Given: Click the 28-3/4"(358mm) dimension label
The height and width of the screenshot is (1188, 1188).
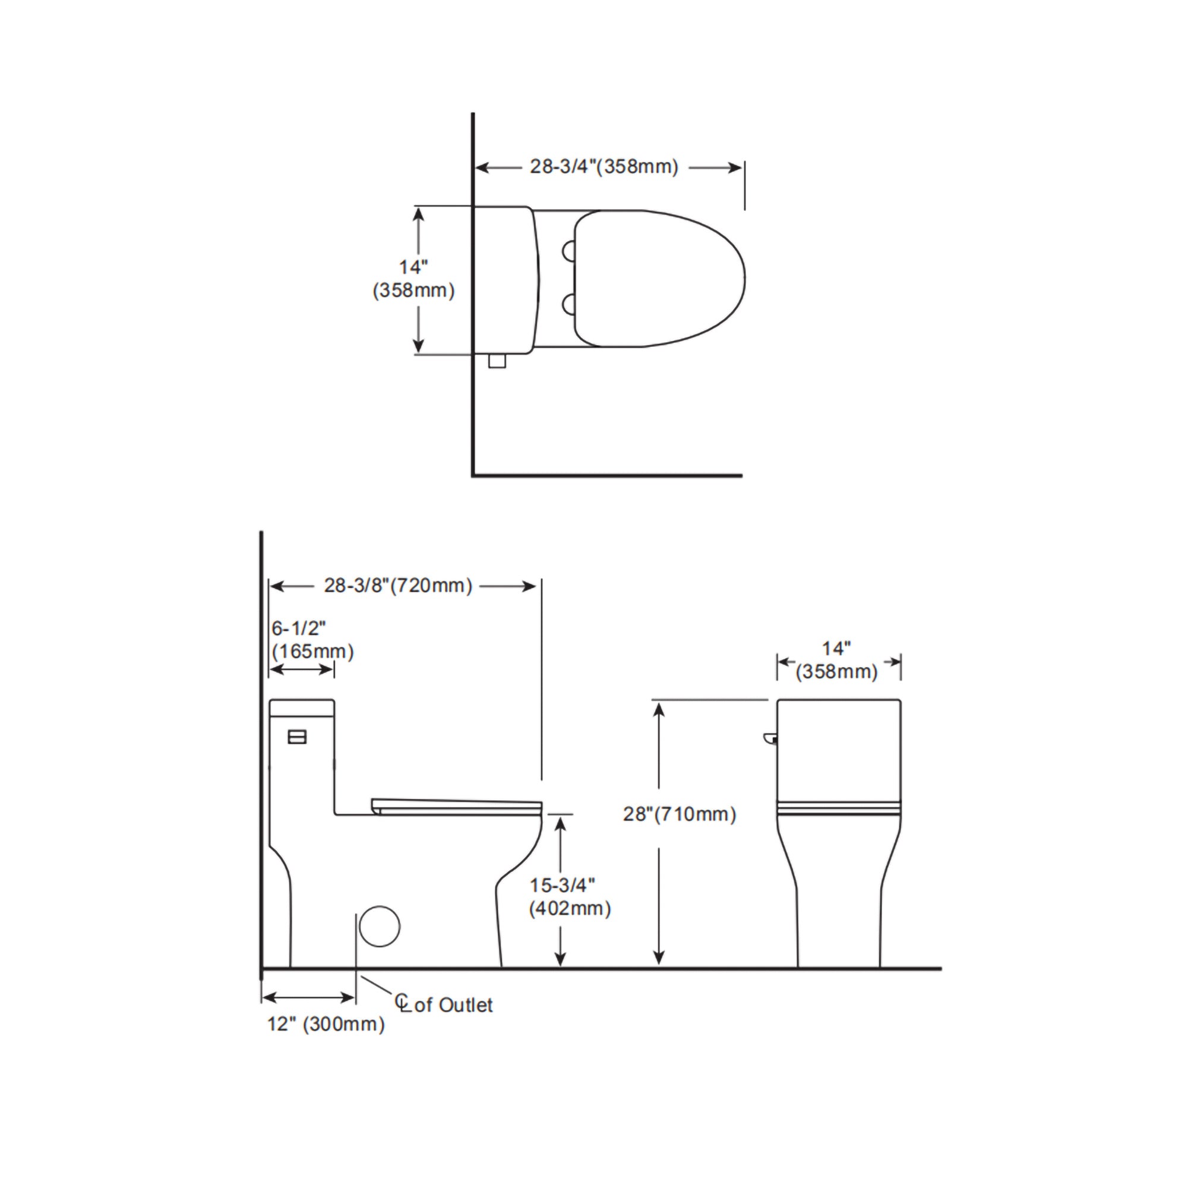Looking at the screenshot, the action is (604, 167).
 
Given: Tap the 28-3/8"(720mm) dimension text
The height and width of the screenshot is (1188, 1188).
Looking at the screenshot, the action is (398, 586).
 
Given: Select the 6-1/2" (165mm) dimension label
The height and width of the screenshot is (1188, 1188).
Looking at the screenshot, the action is (312, 640).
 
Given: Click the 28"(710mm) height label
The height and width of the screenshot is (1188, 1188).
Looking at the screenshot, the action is (680, 814).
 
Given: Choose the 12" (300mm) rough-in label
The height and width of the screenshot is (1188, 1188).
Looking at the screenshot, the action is (326, 1024).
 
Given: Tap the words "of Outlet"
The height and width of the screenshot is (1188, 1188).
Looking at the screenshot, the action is (454, 1005).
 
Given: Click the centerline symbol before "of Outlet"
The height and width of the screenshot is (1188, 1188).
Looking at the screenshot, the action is (402, 1002).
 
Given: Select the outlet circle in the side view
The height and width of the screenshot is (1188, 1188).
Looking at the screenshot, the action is (380, 926).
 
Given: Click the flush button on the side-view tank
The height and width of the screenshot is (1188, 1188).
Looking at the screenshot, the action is (297, 737).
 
